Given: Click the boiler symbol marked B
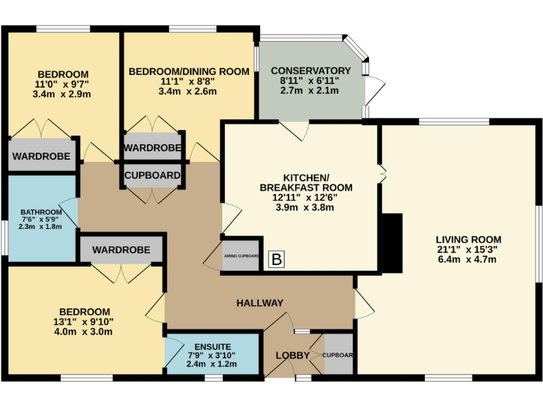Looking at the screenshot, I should (277, 260).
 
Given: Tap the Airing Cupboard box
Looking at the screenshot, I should (241, 256).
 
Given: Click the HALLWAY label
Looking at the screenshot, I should (259, 303).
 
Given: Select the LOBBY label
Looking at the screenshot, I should (293, 355).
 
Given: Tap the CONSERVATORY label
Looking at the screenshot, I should (310, 71).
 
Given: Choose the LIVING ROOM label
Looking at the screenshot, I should (468, 239).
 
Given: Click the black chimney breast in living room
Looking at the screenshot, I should (392, 242).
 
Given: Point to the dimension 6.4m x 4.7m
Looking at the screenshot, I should (468, 259).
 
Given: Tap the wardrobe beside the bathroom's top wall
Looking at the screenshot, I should (43, 157).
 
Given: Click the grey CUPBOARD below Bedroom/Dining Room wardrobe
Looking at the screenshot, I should (152, 175).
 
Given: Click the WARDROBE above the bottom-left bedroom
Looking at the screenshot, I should (121, 250).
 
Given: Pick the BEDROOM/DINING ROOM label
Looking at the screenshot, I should (188, 71).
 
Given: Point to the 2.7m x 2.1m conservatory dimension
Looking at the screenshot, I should (310, 90).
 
